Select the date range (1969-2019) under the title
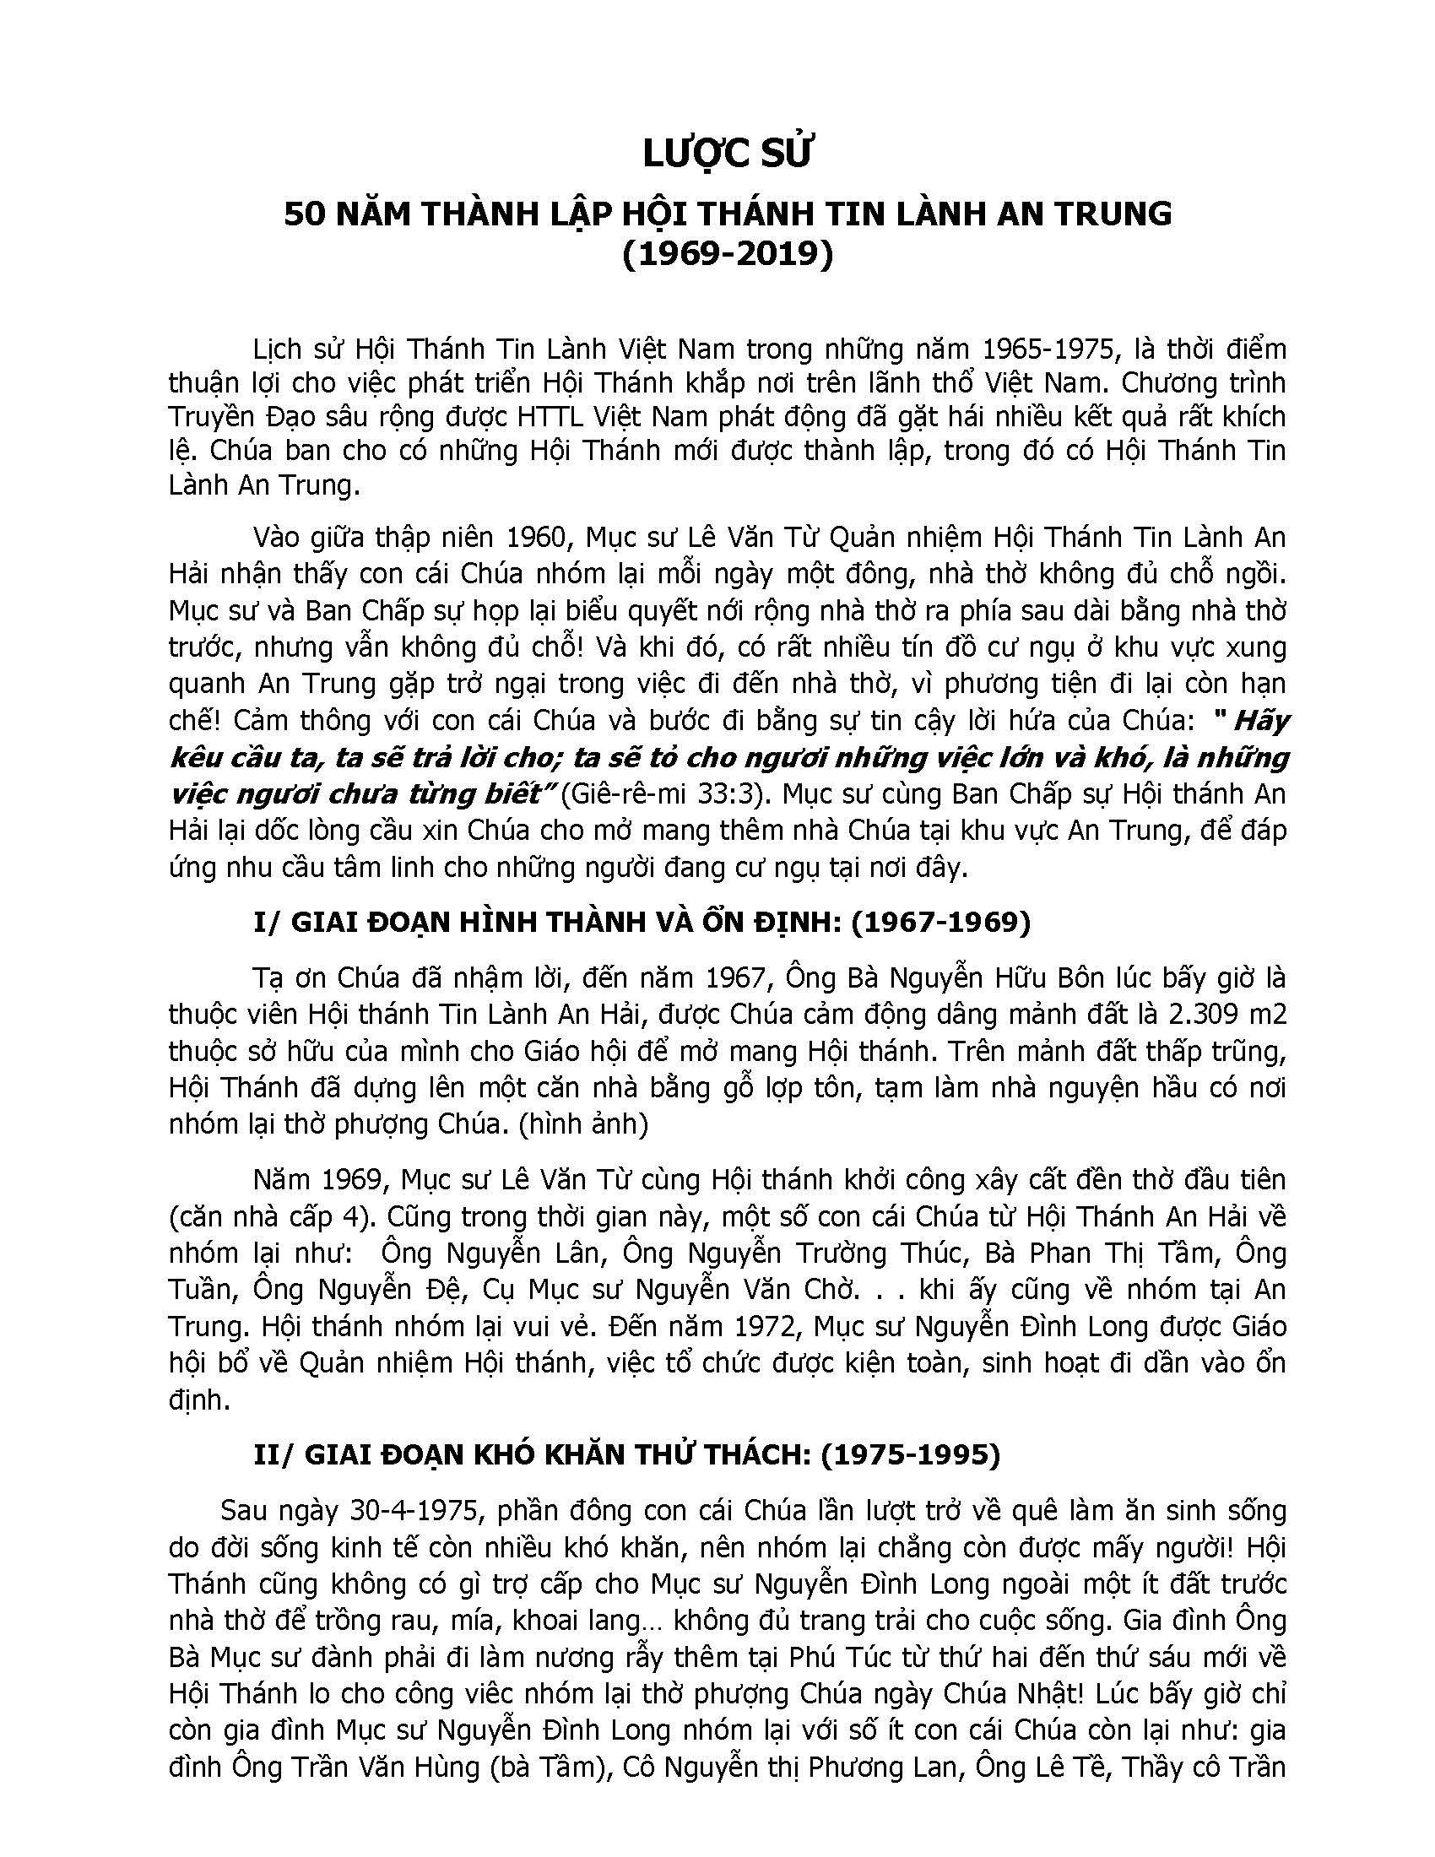(x=728, y=254)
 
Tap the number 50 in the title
(x=305, y=214)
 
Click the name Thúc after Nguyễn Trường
(x=929, y=1253)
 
